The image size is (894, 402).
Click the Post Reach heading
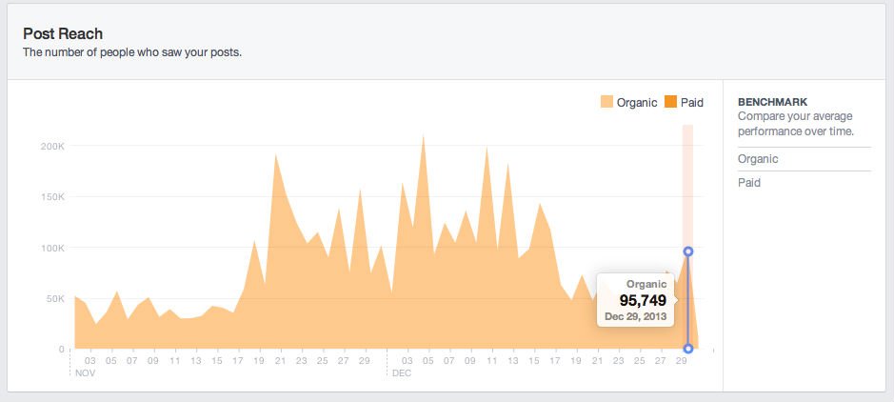coord(63,33)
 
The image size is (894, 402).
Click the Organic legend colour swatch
coord(606,102)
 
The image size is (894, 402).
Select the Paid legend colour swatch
coord(670,102)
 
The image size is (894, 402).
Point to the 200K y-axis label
coord(51,146)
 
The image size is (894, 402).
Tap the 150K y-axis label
coord(51,197)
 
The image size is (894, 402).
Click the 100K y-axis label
coord(51,248)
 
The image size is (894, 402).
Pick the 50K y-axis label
coord(53,299)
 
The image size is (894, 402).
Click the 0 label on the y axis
coord(61,350)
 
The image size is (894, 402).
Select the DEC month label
coord(400,373)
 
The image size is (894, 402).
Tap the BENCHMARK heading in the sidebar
coord(772,102)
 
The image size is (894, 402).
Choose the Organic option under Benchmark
coord(758,159)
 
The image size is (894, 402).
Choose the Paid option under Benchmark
coord(749,182)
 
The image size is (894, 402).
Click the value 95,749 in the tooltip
coord(637,300)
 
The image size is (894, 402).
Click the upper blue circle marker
coord(688,251)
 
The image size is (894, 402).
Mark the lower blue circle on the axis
coord(688,349)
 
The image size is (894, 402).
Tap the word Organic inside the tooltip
coord(646,284)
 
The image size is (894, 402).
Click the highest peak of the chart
coord(423,136)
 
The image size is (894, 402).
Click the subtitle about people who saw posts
coord(132,52)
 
